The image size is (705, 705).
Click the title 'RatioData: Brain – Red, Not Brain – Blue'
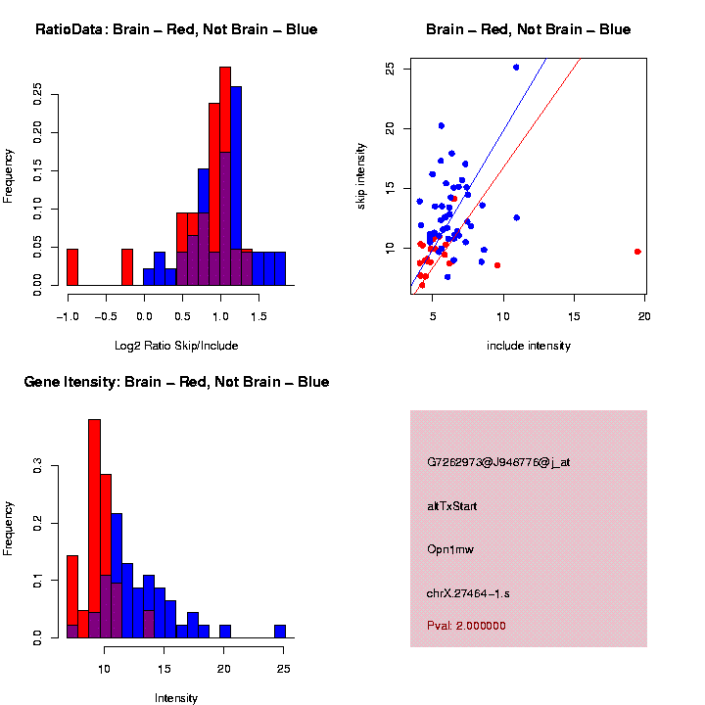pos(176,29)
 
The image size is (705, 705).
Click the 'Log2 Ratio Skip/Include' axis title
pos(176,346)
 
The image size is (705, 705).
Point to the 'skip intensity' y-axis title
pos(360,175)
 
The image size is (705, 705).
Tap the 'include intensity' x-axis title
pos(529,346)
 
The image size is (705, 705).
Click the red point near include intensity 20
pos(637,252)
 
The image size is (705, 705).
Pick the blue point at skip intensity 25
pos(516,68)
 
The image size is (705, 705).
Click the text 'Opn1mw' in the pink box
pos(450,549)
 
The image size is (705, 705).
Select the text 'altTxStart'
pos(452,506)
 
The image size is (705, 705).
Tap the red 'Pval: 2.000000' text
pos(466,626)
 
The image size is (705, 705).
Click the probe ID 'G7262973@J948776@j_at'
pos(498,462)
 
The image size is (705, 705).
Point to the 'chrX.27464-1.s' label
pos(468,593)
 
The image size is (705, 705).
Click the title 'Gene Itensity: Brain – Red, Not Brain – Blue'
pos(176,382)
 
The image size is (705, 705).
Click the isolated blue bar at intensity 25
pos(280,632)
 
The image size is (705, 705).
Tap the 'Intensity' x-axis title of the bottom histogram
pos(176,698)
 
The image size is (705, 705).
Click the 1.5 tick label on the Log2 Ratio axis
pos(258,317)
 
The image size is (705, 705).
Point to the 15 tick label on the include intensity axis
pos(574,317)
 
